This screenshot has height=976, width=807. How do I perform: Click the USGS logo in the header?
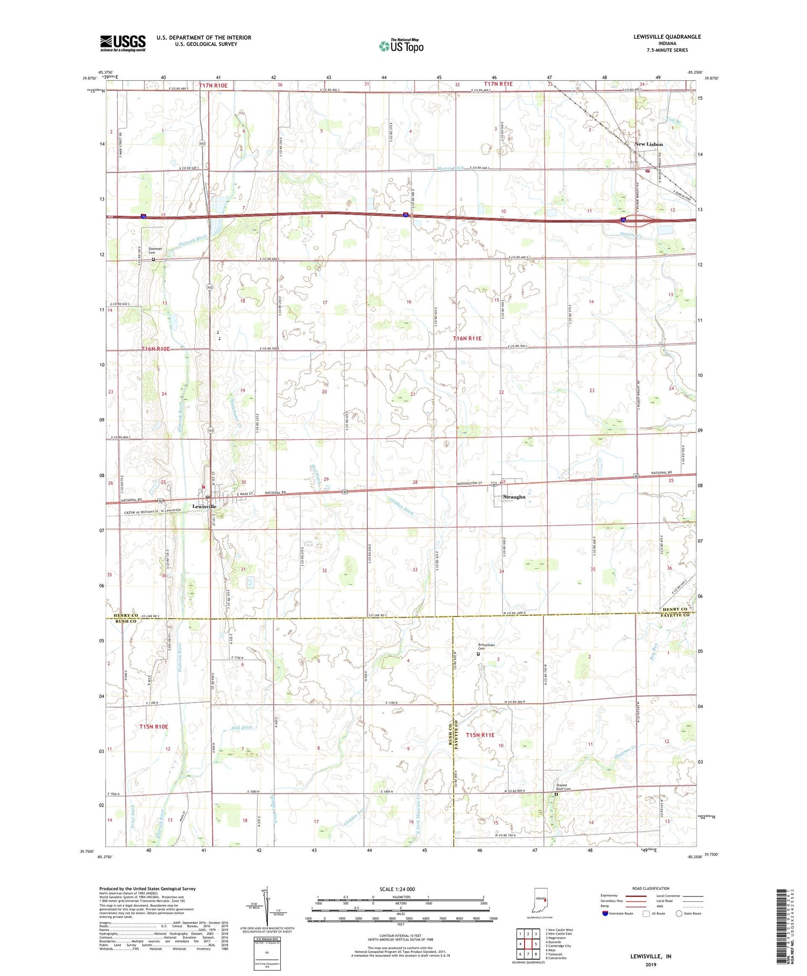click(123, 43)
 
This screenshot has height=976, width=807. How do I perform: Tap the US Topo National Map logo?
click(401, 46)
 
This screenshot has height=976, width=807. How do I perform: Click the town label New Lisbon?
click(648, 144)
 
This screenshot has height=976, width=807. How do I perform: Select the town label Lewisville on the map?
click(204, 507)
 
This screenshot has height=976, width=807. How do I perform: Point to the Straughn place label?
click(514, 497)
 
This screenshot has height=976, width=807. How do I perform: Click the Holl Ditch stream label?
click(242, 727)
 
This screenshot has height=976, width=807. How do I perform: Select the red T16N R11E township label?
click(467, 338)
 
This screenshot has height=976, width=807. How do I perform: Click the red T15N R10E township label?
click(154, 727)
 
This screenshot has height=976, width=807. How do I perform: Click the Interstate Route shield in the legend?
click(606, 914)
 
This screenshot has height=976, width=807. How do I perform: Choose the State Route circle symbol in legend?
click(679, 914)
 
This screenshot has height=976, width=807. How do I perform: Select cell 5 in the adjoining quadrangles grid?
click(536, 944)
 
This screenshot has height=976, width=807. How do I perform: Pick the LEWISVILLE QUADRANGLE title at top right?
click(667, 37)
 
